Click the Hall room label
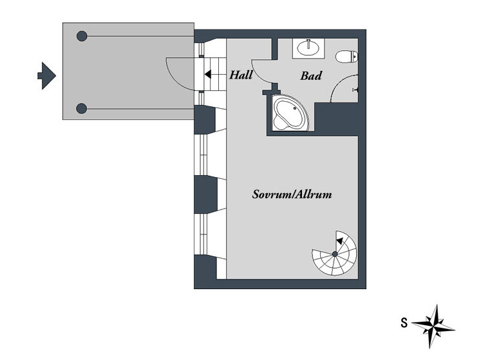(x=241, y=75)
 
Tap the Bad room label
(x=311, y=75)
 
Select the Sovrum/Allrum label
(x=292, y=194)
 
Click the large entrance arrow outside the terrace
(x=47, y=75)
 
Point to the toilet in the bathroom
(x=346, y=57)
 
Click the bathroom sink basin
(x=308, y=48)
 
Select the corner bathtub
(x=290, y=113)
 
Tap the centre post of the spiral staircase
(x=335, y=254)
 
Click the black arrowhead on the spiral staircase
(x=339, y=241)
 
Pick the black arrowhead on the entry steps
(x=208, y=74)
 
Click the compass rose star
(x=433, y=326)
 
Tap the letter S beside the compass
(x=404, y=323)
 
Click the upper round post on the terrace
(x=82, y=36)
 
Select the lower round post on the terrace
(x=81, y=109)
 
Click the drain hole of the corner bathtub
(x=295, y=108)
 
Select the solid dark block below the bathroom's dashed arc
(x=337, y=119)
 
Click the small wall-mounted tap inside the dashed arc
(x=355, y=90)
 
